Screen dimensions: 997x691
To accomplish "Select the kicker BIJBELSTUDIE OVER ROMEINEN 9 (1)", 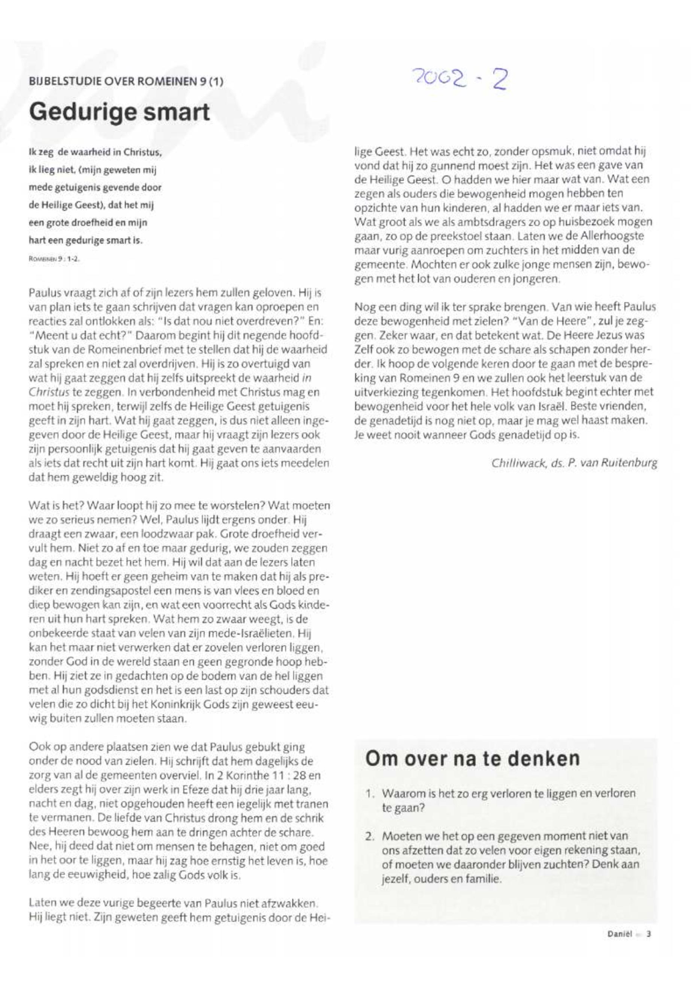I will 125,81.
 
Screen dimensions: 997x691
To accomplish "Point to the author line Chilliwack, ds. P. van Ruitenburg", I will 574,463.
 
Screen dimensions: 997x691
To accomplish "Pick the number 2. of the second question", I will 369,836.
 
